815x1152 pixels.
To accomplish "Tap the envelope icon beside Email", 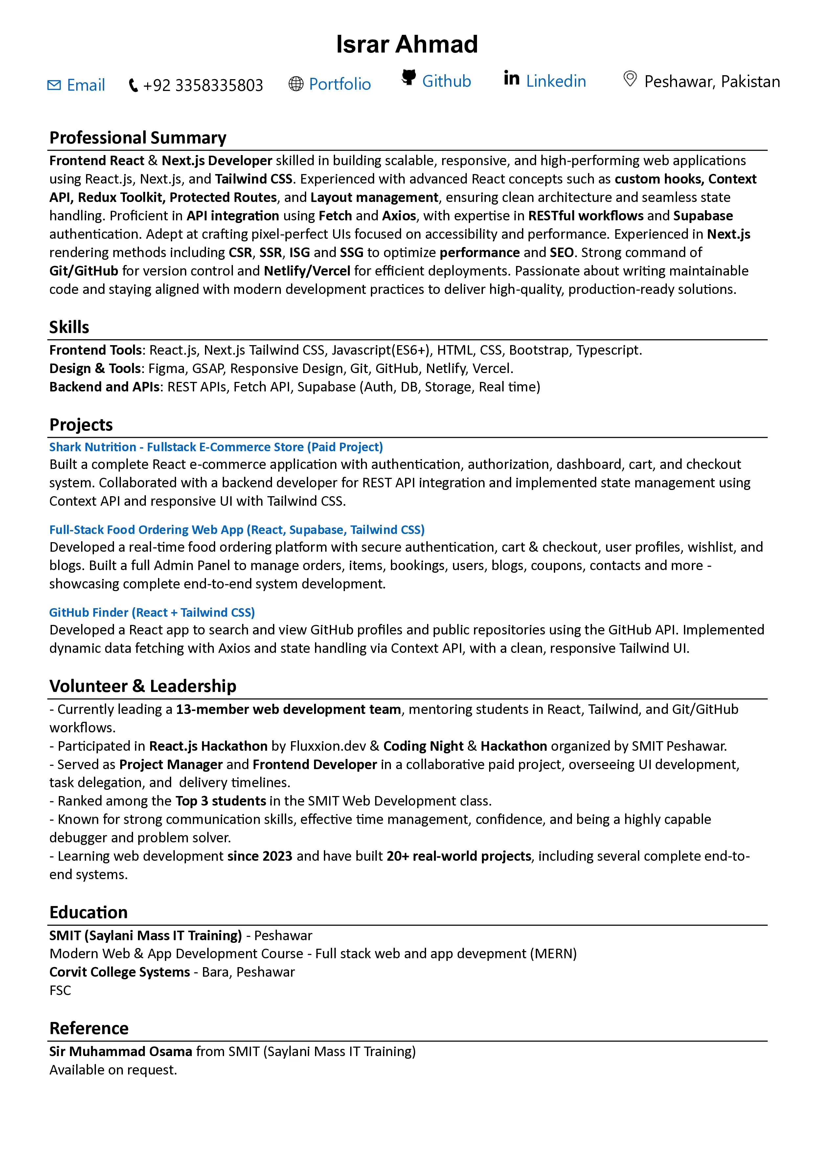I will (54, 85).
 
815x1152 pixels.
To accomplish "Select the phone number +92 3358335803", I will (203, 85).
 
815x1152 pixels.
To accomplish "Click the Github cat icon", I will (409, 77).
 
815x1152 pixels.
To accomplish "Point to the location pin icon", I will (629, 79).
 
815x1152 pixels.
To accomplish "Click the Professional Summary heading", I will (138, 138).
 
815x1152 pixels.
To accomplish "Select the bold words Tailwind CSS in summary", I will (254, 179).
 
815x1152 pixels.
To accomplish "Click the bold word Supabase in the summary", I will (703, 216).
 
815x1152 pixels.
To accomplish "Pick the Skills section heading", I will (69, 327).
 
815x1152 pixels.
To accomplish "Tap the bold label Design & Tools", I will (95, 368).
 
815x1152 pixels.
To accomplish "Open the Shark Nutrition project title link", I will (216, 447).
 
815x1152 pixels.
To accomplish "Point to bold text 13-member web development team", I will (288, 709).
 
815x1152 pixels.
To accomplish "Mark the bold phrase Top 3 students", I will (220, 801).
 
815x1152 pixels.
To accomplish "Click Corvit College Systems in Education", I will (120, 972).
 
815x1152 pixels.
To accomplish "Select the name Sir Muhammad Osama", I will (121, 1051).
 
